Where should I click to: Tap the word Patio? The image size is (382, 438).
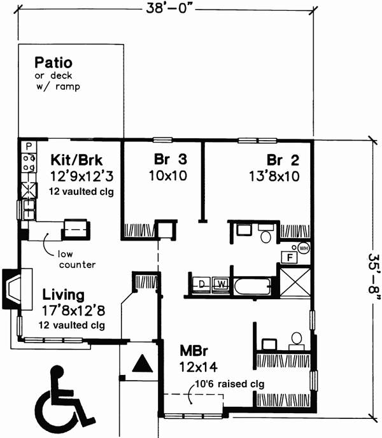pos(53,63)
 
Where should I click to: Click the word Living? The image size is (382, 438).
pos(64,295)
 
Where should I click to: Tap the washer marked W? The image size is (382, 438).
pos(221,283)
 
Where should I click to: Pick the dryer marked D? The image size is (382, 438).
pos(202,283)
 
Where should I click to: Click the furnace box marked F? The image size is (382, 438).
pos(290,258)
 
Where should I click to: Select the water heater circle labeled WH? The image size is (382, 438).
pos(303,248)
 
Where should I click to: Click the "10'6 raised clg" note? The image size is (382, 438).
pos(222,384)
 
